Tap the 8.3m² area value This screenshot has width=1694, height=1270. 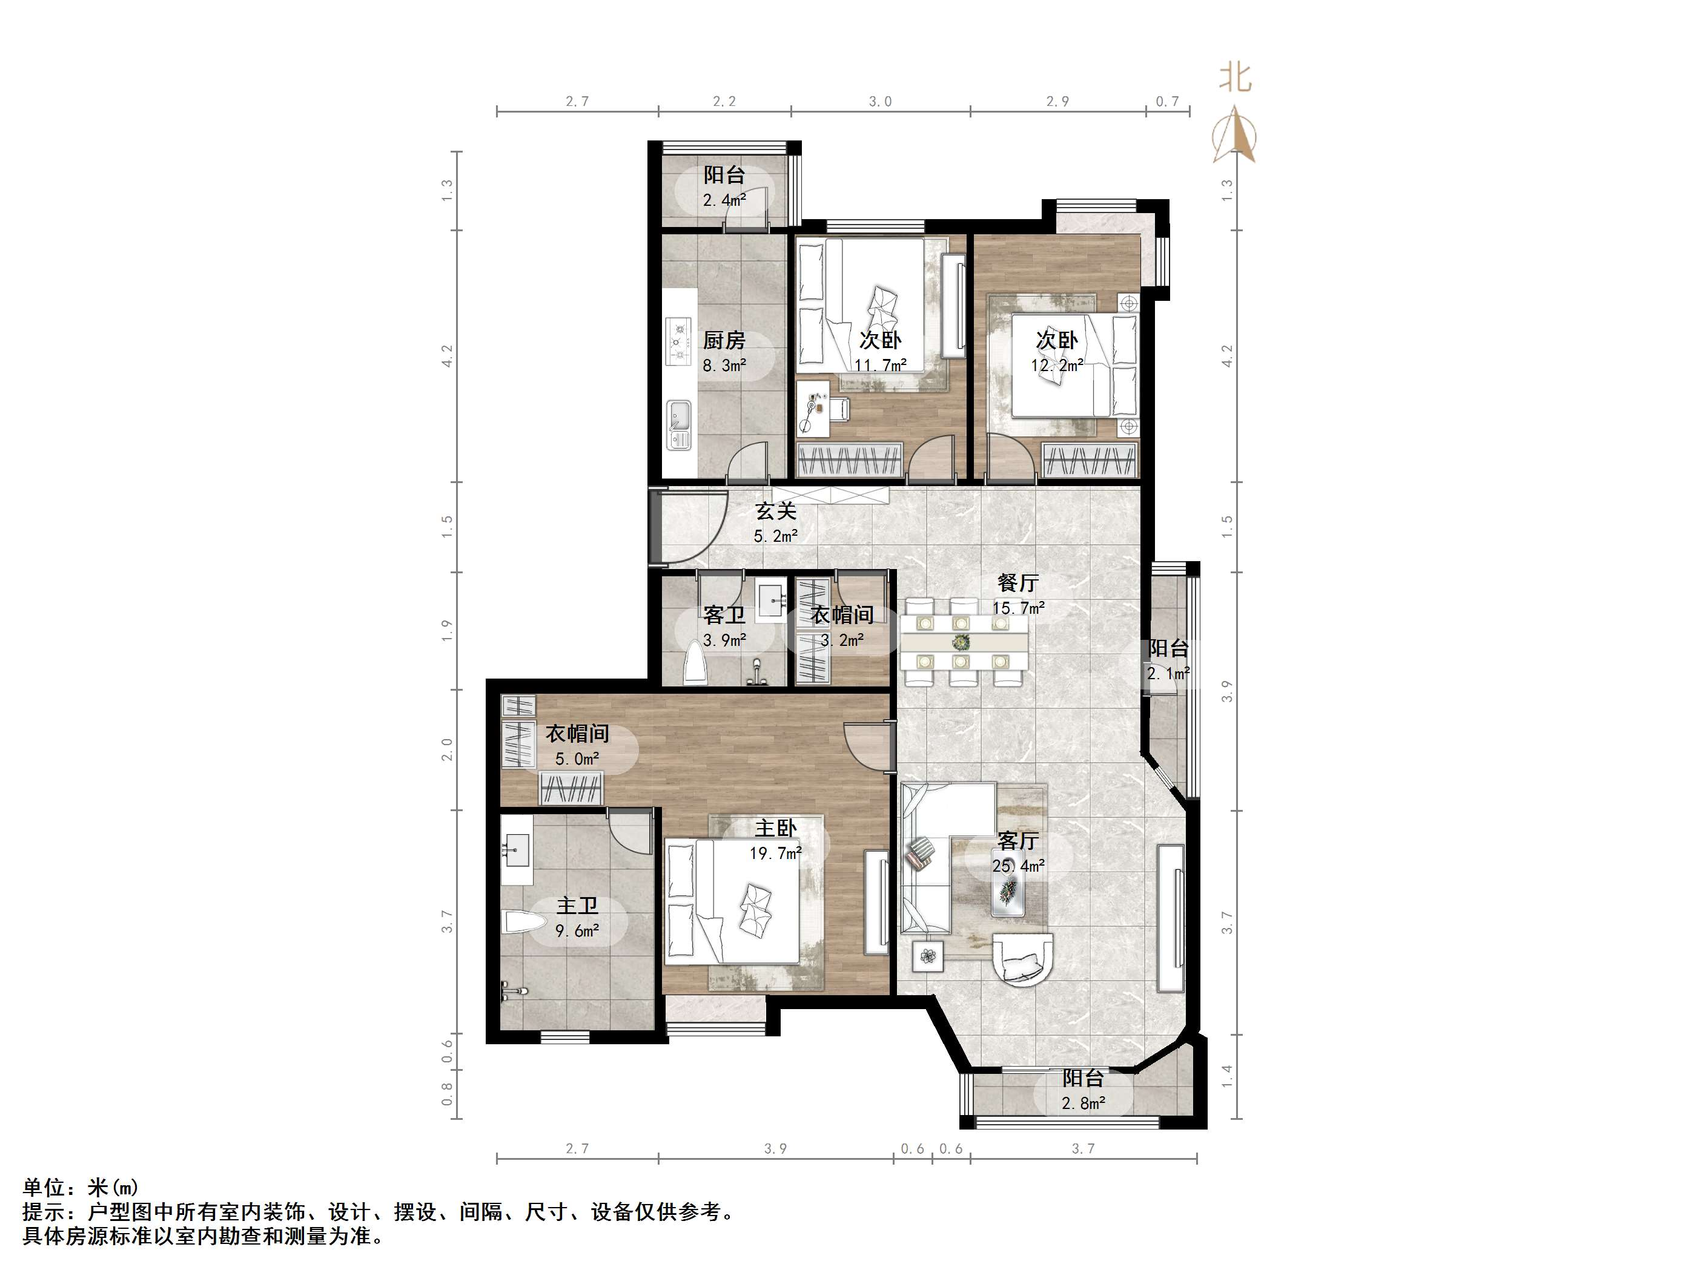[x=724, y=365]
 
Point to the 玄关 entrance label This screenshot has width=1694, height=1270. [x=776, y=510]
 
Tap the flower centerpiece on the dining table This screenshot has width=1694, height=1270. [x=961, y=642]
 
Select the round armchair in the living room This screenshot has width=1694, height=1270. [x=1022, y=961]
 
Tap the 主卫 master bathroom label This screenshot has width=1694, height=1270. [x=577, y=906]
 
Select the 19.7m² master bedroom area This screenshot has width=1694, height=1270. [x=775, y=853]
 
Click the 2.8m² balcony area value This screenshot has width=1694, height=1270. [x=1083, y=1103]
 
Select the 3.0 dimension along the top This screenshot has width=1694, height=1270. [x=880, y=101]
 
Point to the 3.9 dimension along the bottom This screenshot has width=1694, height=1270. [x=775, y=1148]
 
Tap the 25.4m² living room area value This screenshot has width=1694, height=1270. [x=1017, y=866]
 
